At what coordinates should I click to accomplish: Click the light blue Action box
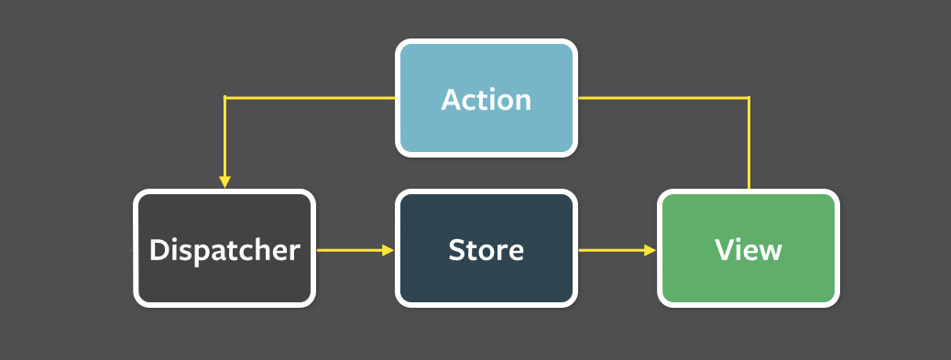point(486,97)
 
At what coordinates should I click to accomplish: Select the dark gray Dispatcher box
point(224,248)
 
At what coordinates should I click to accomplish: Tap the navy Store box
point(486,248)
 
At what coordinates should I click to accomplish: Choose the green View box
point(749,248)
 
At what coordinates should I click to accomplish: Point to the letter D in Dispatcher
point(158,249)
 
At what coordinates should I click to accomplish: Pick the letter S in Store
point(456,249)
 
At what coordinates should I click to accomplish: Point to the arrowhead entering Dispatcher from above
point(224,181)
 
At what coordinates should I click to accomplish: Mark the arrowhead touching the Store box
point(388,249)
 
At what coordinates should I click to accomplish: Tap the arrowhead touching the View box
point(650,249)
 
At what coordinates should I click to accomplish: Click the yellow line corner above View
point(749,97)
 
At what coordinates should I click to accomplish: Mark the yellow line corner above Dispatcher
point(224,97)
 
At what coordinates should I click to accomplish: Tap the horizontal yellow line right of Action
point(663,97)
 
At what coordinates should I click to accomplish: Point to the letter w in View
point(770,251)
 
